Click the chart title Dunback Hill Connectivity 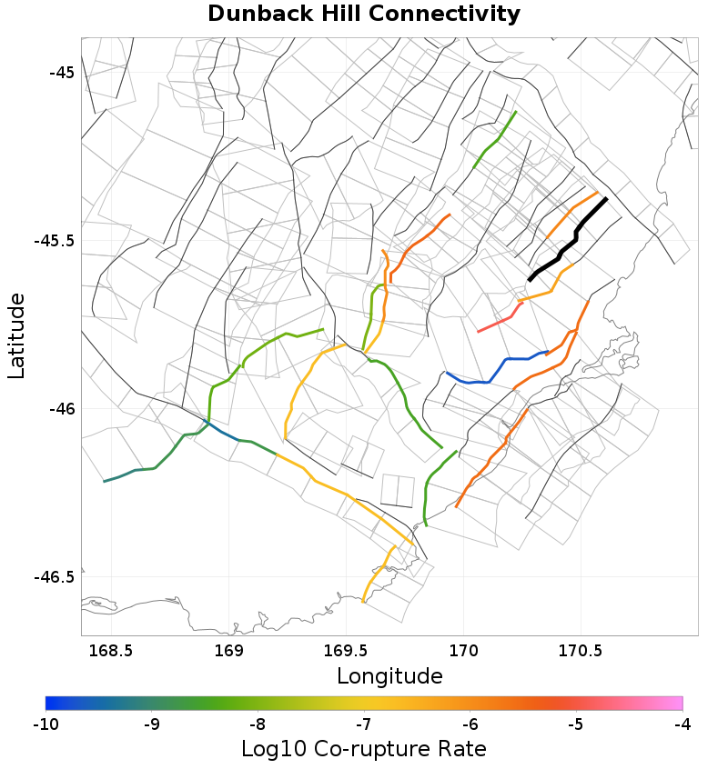(x=364, y=15)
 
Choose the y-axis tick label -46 (x=60, y=409)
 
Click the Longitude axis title (x=389, y=676)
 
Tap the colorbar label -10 (x=45, y=724)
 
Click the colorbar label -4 (x=682, y=724)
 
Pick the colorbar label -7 (x=364, y=724)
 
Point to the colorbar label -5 (x=576, y=724)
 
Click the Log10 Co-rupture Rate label (x=364, y=749)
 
